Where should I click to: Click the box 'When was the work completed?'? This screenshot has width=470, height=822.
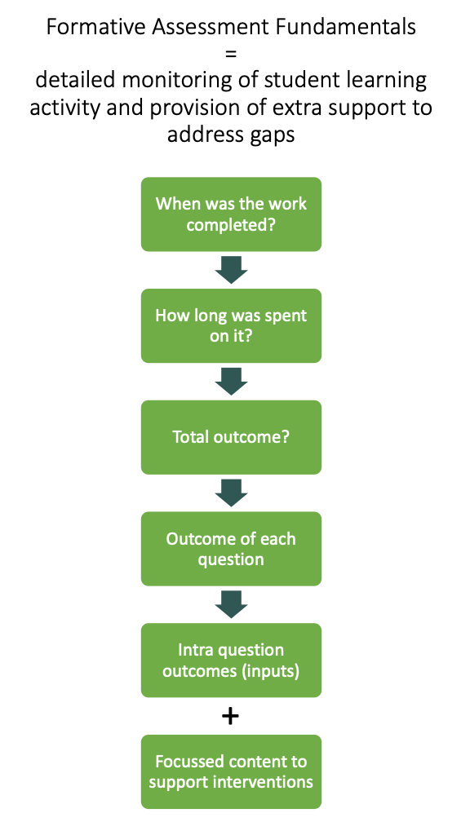(231, 214)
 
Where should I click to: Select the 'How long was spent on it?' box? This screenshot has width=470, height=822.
(231, 325)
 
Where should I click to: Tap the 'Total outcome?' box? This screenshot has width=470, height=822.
(231, 437)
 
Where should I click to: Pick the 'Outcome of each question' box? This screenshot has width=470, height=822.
(231, 548)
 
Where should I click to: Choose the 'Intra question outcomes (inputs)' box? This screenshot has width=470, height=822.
(231, 660)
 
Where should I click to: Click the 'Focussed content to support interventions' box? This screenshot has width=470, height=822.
(231, 771)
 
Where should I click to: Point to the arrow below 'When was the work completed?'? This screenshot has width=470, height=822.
(231, 270)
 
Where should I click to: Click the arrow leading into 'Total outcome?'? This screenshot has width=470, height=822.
(231, 382)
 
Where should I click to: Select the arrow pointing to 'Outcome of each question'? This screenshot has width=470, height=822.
(231, 493)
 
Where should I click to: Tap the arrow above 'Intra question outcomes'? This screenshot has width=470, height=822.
(231, 604)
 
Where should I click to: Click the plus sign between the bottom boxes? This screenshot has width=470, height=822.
(231, 717)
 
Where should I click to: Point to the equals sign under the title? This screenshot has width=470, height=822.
(232, 54)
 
